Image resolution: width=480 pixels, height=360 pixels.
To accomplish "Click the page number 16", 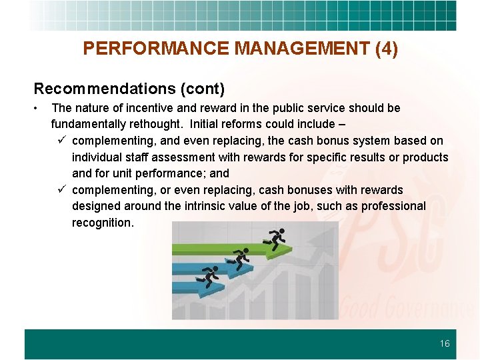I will point(445,344).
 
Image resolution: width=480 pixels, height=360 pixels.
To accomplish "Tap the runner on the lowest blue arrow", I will point(210,275).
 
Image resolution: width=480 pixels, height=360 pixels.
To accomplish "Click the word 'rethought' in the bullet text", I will point(157,124).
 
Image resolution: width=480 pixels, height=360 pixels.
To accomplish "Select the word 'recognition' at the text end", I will point(102,223).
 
